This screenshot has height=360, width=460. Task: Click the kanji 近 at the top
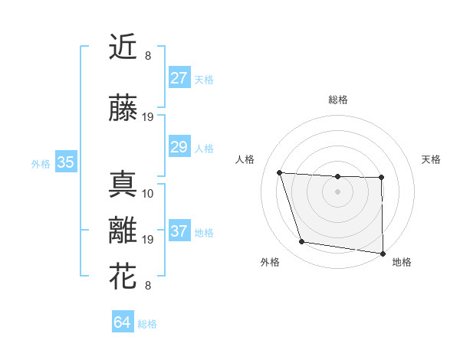pos(123,47)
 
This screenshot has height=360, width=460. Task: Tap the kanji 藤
pos(123,109)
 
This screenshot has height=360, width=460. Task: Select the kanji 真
pos(123,185)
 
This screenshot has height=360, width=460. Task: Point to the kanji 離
pos(123,231)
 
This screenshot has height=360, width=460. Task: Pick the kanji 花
pos(123,277)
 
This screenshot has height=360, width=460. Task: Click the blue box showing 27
pos(179,78)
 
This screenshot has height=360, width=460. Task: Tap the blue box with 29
pos(179,147)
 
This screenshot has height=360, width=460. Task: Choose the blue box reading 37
pos(179,231)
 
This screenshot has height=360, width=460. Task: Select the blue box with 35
pos(65,162)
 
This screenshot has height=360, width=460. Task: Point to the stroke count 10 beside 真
pos(148,193)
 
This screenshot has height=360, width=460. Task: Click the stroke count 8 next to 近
pos(148,56)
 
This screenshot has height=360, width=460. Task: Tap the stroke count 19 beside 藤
pos(148,117)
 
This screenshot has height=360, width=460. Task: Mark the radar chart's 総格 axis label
pos(337,100)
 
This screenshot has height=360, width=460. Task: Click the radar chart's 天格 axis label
pos(431,159)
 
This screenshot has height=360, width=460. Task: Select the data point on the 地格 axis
pos(383,253)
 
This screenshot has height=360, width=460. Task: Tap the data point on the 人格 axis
pos(279,172)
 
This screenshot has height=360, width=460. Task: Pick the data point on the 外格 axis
pos(301,242)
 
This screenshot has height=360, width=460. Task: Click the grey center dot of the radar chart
pos(337,191)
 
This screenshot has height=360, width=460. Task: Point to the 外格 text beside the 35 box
pos(41,163)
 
